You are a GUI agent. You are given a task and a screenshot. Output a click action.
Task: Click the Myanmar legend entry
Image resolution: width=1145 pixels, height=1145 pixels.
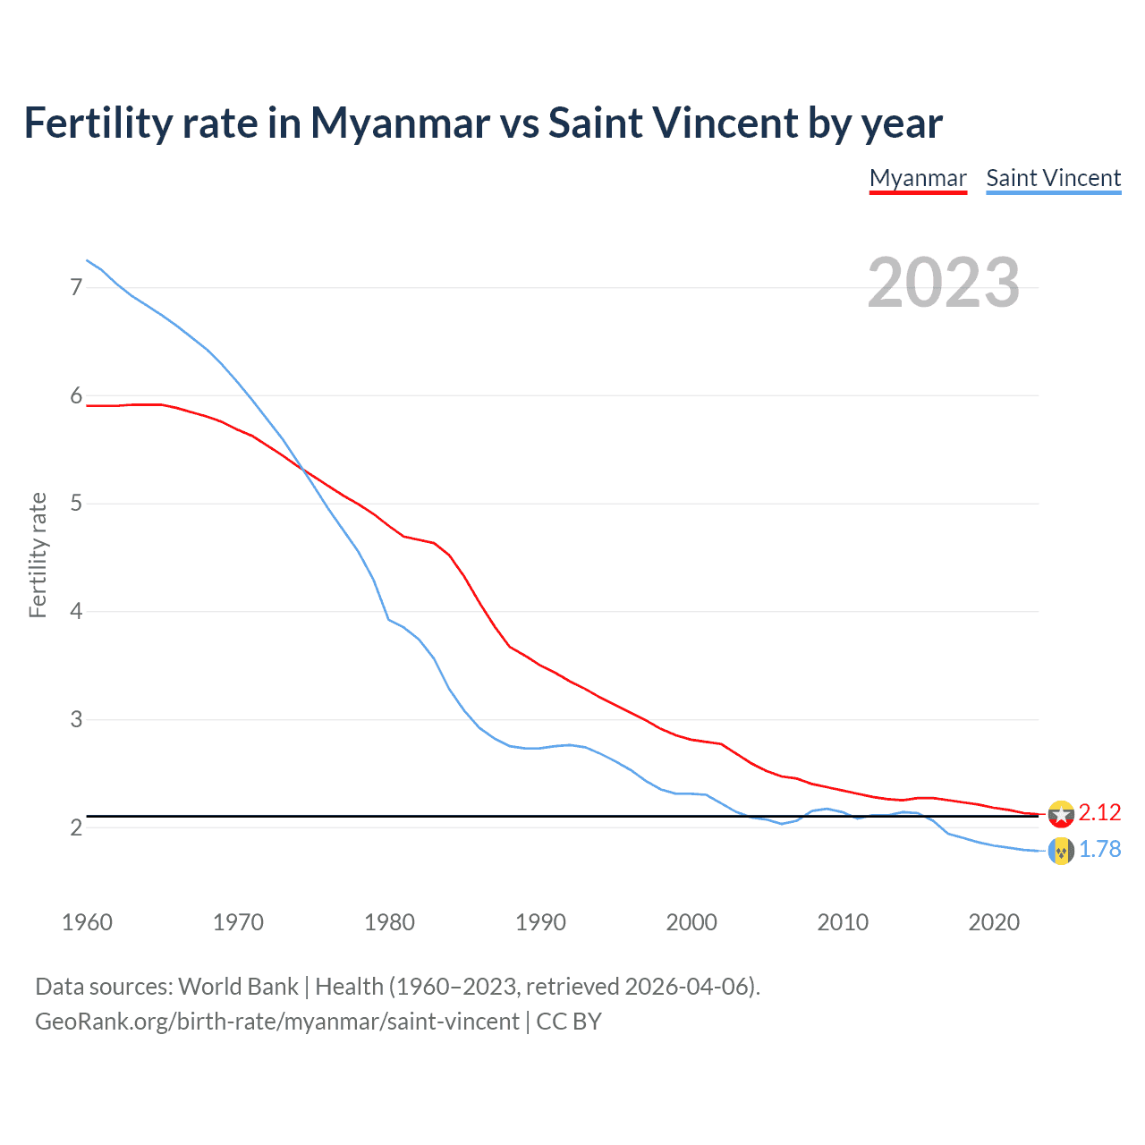pos(918,178)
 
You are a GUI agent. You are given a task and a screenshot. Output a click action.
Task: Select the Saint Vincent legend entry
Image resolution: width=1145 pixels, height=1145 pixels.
pos(1053,178)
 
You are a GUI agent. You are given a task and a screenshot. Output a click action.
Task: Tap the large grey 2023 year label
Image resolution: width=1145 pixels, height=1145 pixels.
pos(943,283)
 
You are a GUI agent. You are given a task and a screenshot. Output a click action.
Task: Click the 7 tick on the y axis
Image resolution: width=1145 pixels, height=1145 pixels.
pos(76,287)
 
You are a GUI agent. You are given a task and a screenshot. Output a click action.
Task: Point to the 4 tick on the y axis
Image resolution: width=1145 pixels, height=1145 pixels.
pos(76,612)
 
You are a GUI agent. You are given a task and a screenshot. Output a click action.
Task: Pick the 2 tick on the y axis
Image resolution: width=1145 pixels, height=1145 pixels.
pos(76,828)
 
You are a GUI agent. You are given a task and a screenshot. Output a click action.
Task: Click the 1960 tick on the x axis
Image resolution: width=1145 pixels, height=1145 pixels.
pos(87,922)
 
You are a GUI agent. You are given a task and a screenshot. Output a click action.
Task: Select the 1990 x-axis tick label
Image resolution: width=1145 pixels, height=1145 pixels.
pos(540,922)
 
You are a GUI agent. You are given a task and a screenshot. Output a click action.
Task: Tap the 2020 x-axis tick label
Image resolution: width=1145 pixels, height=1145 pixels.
pos(994,922)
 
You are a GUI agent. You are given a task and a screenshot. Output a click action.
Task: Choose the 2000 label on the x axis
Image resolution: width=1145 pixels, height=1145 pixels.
pos(691,922)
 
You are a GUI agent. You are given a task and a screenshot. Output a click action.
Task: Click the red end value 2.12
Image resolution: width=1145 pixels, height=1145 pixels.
pos(1099,812)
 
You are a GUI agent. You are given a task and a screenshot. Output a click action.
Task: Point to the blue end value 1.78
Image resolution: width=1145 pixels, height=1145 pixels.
pos(1099,849)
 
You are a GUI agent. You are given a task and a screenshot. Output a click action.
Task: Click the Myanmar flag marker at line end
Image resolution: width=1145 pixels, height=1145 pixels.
pos(1061,814)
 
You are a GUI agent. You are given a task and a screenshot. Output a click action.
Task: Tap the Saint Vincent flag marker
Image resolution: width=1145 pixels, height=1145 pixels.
pos(1061,852)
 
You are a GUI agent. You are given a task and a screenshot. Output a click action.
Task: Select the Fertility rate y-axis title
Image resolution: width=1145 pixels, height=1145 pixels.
pos(38,555)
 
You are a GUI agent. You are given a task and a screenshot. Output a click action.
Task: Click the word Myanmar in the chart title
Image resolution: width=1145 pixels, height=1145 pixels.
pos(400,123)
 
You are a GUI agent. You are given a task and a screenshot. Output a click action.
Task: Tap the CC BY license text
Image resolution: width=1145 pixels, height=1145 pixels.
pos(569,1022)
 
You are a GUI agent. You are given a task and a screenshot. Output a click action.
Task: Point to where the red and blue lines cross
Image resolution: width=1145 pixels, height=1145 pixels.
pos(301,468)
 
